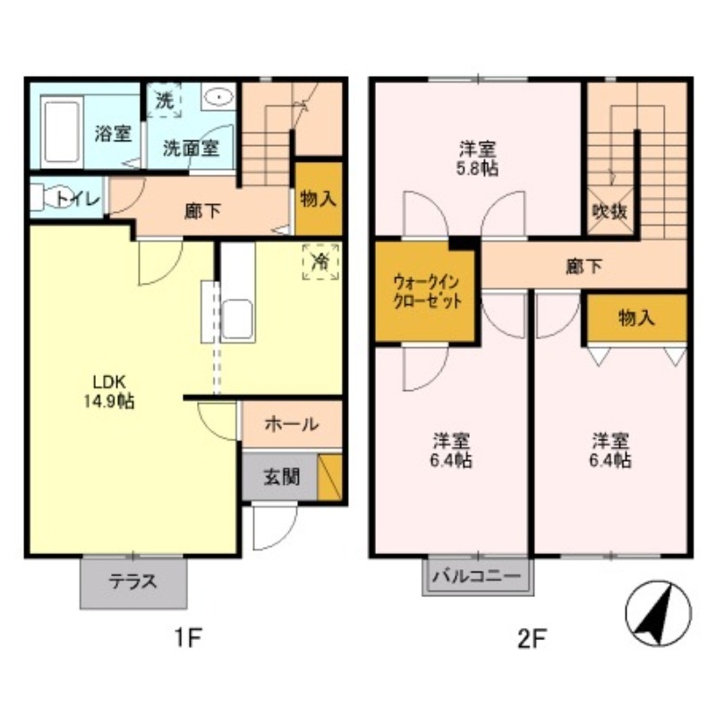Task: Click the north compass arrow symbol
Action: [657, 614]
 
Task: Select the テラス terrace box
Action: [133, 582]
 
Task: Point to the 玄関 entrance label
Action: [279, 477]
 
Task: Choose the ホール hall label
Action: [291, 424]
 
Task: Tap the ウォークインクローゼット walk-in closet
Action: [426, 292]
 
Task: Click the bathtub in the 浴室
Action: [61, 129]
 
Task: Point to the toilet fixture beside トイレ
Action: [42, 198]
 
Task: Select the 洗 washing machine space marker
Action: [164, 100]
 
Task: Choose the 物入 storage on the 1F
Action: [319, 199]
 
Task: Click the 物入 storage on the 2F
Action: [635, 318]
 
